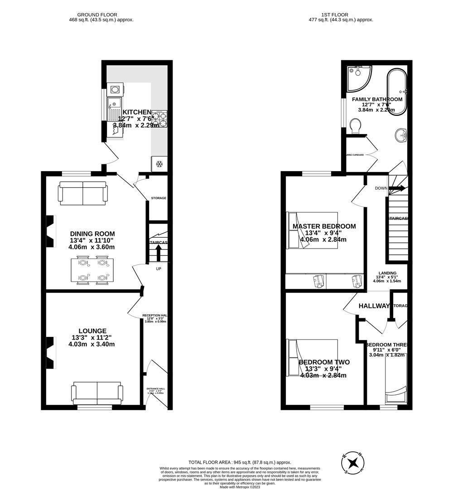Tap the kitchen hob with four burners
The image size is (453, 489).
[160, 118]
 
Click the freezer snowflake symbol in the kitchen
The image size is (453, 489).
[159, 164]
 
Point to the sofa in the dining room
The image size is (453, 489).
[83, 192]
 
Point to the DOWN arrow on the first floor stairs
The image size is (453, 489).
[396, 188]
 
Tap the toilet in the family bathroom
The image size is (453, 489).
[357, 125]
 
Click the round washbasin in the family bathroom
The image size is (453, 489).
[400, 134]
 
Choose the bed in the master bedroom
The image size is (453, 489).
[312, 230]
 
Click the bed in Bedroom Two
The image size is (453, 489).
[312, 358]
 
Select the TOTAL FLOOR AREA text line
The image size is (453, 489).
[240, 462]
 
